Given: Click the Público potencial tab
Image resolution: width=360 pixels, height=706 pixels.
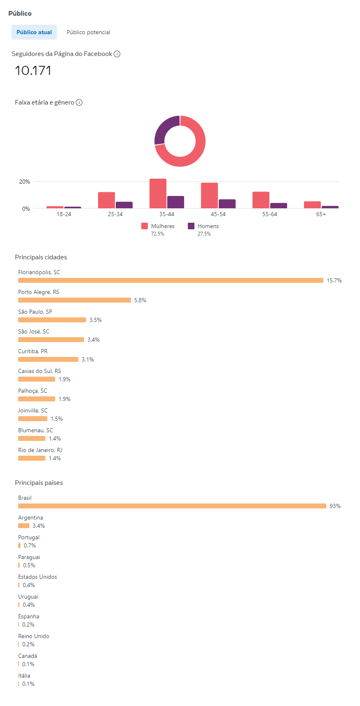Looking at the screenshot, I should coord(88,32).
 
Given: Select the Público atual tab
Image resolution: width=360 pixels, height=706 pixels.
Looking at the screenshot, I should coord(34,32).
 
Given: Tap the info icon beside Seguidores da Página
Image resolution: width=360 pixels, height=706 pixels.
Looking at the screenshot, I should coord(117,54).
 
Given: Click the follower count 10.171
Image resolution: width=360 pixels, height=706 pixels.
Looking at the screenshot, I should coord(33,70).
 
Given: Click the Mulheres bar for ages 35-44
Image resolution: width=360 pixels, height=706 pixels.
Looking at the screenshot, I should coord(158,193).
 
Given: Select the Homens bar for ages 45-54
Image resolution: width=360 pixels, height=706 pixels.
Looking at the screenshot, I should coord(227,204).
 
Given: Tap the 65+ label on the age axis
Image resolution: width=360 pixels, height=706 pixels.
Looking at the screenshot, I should coord(321,214).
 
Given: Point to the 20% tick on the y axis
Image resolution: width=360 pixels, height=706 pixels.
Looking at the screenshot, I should coord(25,182).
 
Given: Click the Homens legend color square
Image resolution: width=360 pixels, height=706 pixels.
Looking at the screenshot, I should coord(191,226).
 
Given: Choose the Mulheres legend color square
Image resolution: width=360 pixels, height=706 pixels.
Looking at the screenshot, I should coord(145,226).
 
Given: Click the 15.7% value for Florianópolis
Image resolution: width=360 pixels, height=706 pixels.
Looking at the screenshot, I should coord(334,280).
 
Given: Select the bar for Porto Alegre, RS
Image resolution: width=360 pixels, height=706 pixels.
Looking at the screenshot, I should coord(75,300).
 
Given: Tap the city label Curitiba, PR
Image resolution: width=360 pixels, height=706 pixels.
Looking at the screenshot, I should coord(33,351).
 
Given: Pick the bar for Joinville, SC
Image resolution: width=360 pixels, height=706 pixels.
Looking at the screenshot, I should coord(33,419).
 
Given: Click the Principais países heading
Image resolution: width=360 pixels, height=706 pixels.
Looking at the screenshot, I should coord(39,483).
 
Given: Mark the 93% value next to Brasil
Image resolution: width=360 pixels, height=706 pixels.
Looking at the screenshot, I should coord(335,506).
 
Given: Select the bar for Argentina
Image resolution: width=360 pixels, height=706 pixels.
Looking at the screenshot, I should coord(24,526).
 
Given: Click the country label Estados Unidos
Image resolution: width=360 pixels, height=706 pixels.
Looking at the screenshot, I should coord(37,577).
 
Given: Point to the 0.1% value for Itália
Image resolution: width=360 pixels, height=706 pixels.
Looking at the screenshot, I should coord(28,684).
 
